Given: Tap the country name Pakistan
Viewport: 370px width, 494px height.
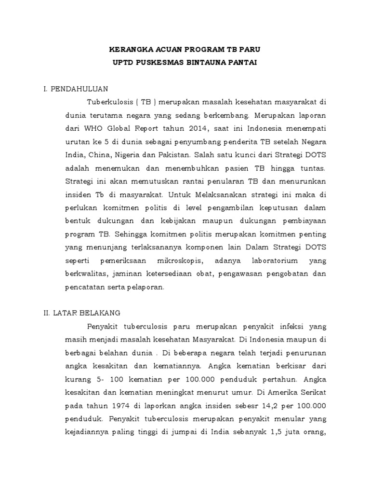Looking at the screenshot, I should click(177, 156).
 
